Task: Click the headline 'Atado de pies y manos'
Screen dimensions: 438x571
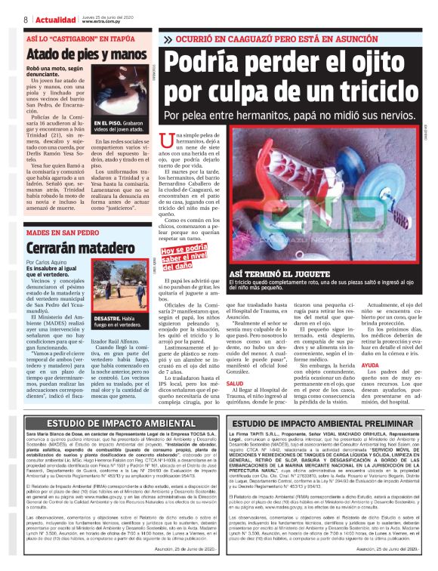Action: coord(76,54)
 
